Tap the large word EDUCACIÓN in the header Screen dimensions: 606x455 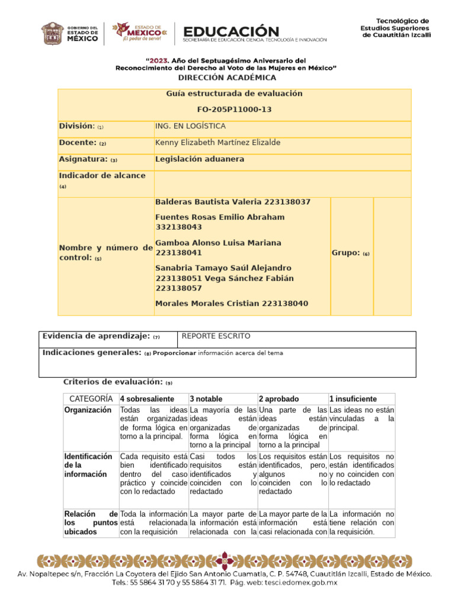click(x=231, y=31)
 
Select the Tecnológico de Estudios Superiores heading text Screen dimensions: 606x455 click(x=396, y=28)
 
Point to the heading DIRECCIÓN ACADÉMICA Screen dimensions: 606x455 click(x=227, y=78)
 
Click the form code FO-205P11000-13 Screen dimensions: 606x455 click(x=234, y=110)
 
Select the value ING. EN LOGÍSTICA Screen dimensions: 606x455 click(x=190, y=126)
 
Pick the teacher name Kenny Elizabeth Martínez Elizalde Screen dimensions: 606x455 click(x=217, y=143)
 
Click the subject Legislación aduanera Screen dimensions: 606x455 click(x=200, y=159)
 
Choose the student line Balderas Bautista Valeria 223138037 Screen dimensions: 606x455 click(x=232, y=202)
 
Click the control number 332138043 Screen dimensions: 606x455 click(x=178, y=227)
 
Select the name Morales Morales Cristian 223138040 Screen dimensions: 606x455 click(x=231, y=304)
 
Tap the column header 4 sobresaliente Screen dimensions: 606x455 click(x=147, y=399)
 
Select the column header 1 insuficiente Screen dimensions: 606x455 click(x=353, y=399)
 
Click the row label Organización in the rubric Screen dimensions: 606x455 click(x=88, y=410)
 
